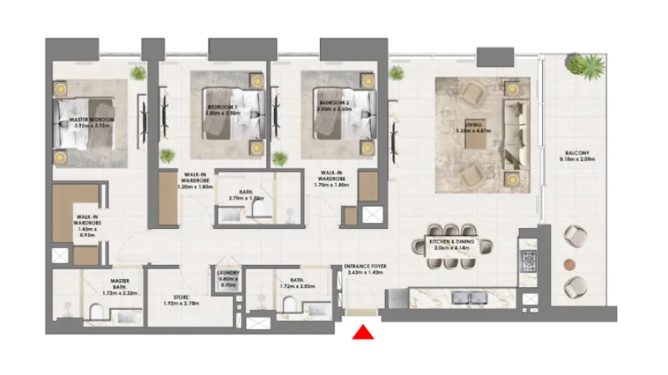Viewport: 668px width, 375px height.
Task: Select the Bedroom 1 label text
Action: [223, 107]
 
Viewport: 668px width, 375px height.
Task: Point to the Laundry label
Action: [227, 274]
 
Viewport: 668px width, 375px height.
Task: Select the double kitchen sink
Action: [465, 298]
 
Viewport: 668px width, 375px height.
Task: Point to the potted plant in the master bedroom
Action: [138, 73]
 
